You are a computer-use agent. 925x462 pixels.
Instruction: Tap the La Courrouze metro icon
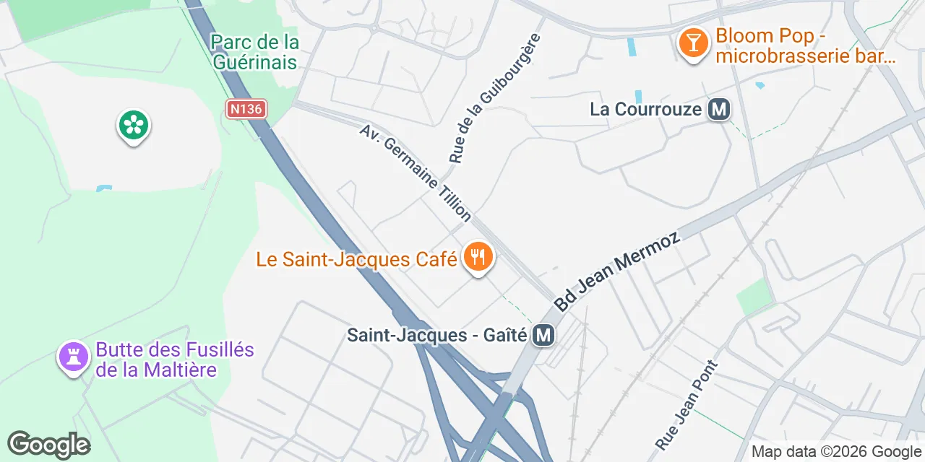point(719,110)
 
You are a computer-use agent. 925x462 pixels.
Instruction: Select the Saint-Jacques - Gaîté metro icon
point(543,335)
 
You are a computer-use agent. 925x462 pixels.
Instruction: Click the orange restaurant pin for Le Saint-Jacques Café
point(477,257)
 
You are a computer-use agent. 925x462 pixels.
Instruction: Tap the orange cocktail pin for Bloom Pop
point(693,43)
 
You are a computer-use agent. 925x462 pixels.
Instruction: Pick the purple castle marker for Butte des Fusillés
point(73,357)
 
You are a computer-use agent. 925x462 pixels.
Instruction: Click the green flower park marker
point(133,126)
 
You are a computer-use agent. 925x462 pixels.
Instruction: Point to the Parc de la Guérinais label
point(254,52)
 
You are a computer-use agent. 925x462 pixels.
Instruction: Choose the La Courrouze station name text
point(646,110)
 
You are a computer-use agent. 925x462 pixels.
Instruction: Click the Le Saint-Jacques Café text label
point(356,258)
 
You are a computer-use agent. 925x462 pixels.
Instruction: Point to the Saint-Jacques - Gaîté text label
point(438,336)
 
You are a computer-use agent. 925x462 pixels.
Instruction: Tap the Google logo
point(48,445)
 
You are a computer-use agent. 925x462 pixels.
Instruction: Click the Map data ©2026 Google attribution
point(836,452)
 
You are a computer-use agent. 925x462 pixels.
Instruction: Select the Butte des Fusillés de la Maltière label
point(174,360)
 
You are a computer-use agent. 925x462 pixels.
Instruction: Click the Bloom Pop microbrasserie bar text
point(806,46)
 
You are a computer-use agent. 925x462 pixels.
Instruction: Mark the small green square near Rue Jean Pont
point(754,297)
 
